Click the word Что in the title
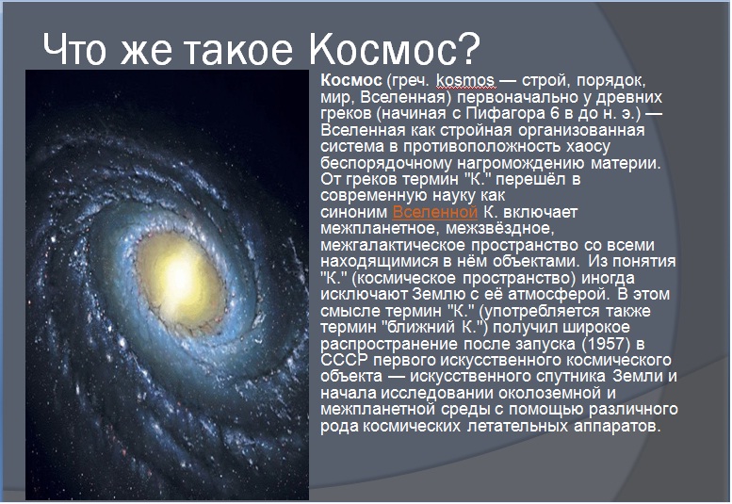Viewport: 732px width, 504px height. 74,49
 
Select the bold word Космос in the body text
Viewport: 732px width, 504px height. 351,80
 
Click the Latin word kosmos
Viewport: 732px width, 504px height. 465,80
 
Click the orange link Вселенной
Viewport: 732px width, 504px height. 434,212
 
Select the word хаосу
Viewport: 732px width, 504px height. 588,146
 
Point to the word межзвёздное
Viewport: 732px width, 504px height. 500,228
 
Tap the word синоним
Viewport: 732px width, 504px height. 354,212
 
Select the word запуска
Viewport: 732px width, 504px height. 545,344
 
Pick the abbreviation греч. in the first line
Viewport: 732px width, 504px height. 408,81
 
